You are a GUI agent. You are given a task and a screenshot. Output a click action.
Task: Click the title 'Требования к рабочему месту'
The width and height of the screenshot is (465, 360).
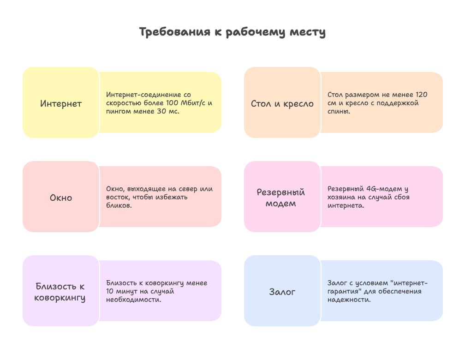[232, 32]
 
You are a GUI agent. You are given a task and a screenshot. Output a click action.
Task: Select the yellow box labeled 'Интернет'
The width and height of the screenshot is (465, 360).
[61, 102]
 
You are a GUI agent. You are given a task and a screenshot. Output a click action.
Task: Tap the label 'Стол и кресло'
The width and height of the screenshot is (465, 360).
[282, 103]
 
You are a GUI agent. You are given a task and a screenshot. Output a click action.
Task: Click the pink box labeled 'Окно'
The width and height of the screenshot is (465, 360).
[61, 197]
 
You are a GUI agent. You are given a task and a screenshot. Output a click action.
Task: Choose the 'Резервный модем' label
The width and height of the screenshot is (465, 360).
[281, 198]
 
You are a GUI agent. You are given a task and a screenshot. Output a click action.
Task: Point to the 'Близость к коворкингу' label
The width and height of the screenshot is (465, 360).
[60, 292]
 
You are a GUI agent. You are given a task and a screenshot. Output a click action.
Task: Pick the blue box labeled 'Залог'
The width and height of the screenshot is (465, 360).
[282, 291]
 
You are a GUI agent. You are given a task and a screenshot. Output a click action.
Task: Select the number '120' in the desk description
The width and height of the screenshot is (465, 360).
[422, 95]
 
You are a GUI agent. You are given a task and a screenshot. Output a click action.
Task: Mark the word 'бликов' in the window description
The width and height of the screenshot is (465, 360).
[118, 205]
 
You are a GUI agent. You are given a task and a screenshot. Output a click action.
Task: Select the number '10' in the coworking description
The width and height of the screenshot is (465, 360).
[110, 291]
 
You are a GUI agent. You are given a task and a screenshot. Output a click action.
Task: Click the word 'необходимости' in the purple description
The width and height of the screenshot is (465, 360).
[132, 300]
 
